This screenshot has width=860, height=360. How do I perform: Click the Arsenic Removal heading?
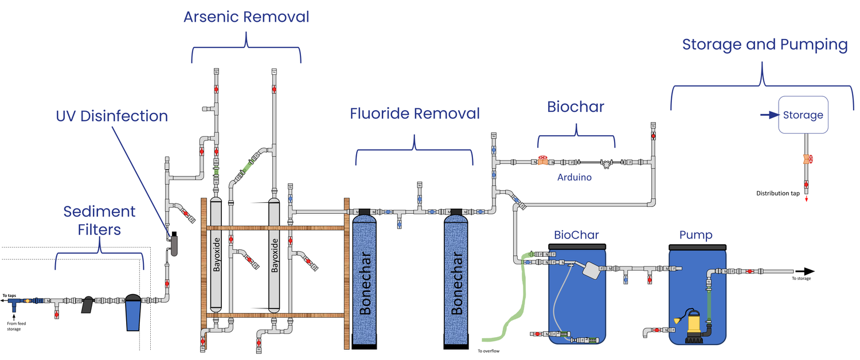point(246,17)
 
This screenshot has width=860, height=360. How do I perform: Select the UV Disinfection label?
point(112,116)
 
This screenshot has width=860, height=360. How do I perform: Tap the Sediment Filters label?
point(100,220)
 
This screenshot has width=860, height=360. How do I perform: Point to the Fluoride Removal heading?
point(415,114)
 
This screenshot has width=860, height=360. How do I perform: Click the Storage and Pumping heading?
point(764,45)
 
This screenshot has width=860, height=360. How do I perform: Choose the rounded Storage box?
point(803,115)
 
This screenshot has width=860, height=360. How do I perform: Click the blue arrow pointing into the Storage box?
point(768,115)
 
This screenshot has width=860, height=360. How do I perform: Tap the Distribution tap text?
point(777,193)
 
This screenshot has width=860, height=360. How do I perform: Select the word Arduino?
point(574,178)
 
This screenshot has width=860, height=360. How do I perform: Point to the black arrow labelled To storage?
point(804,271)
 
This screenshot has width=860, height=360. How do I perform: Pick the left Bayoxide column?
point(216,255)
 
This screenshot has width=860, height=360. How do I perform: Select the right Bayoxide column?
point(274,255)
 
